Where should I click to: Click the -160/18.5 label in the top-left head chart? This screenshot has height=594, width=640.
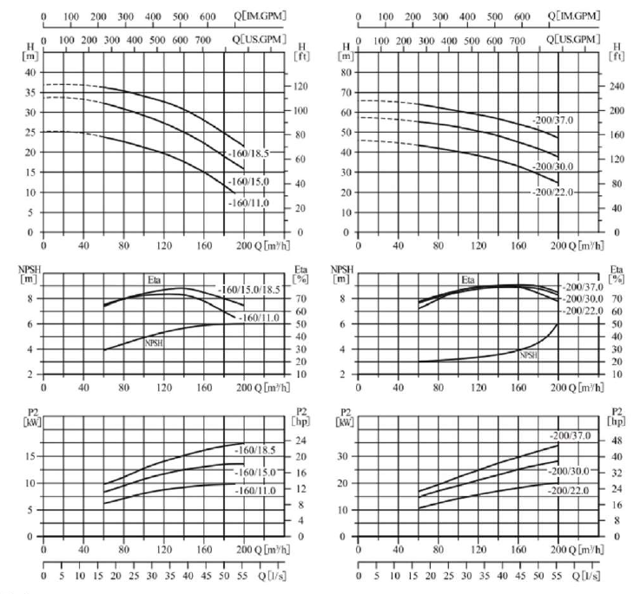click(x=249, y=155)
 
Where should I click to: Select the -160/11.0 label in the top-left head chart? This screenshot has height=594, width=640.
click(x=249, y=203)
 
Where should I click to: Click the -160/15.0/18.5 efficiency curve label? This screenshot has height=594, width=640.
click(x=249, y=290)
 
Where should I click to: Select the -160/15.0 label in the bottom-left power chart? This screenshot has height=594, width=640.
click(x=256, y=472)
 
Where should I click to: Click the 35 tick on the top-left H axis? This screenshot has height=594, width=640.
click(x=31, y=92)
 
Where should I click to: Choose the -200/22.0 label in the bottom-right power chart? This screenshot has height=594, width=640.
click(x=574, y=491)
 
